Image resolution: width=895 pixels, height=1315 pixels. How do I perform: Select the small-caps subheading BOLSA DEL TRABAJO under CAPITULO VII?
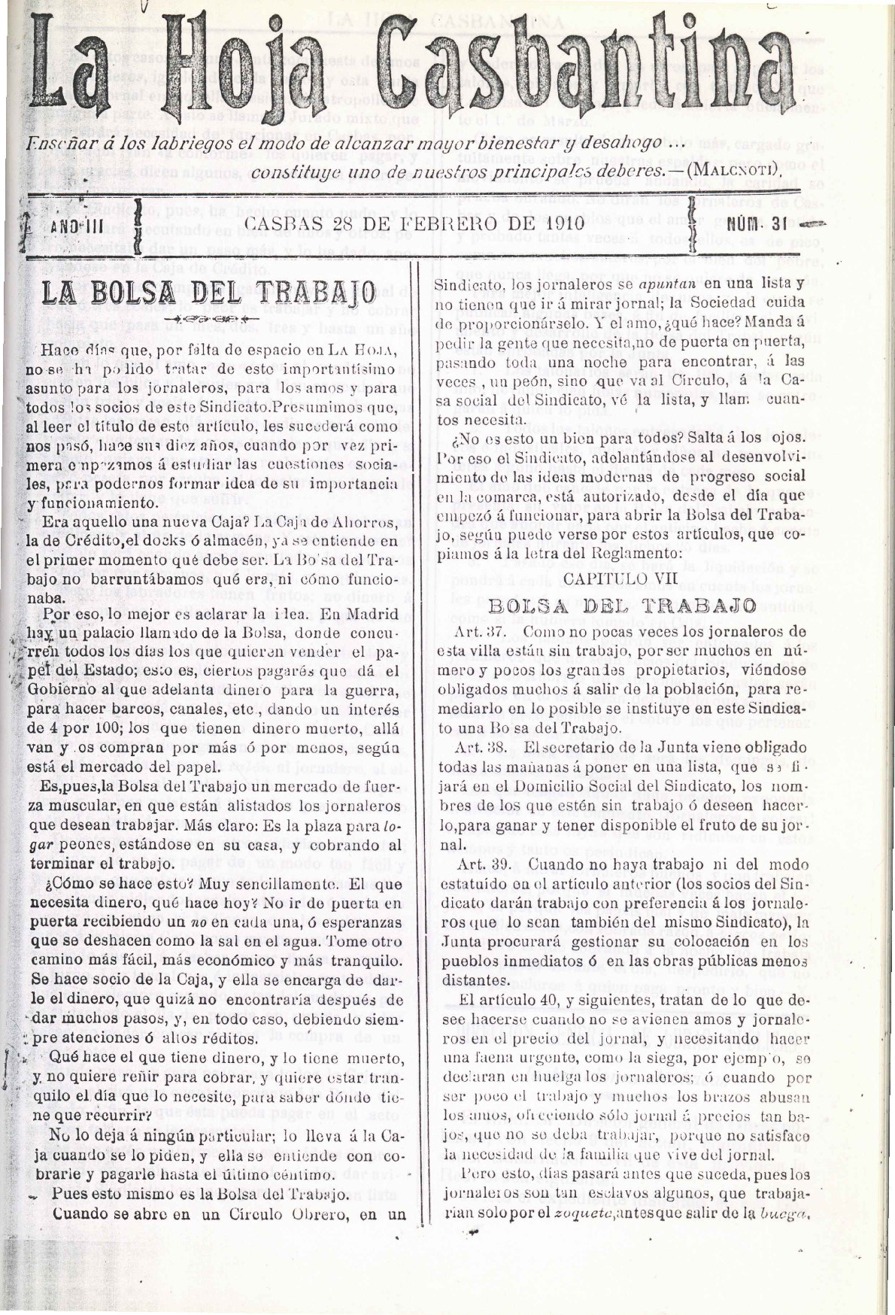[x=622, y=605]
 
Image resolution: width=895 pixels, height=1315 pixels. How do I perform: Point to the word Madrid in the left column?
[x=376, y=612]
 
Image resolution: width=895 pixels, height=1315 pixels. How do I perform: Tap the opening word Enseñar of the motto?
[x=54, y=144]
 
